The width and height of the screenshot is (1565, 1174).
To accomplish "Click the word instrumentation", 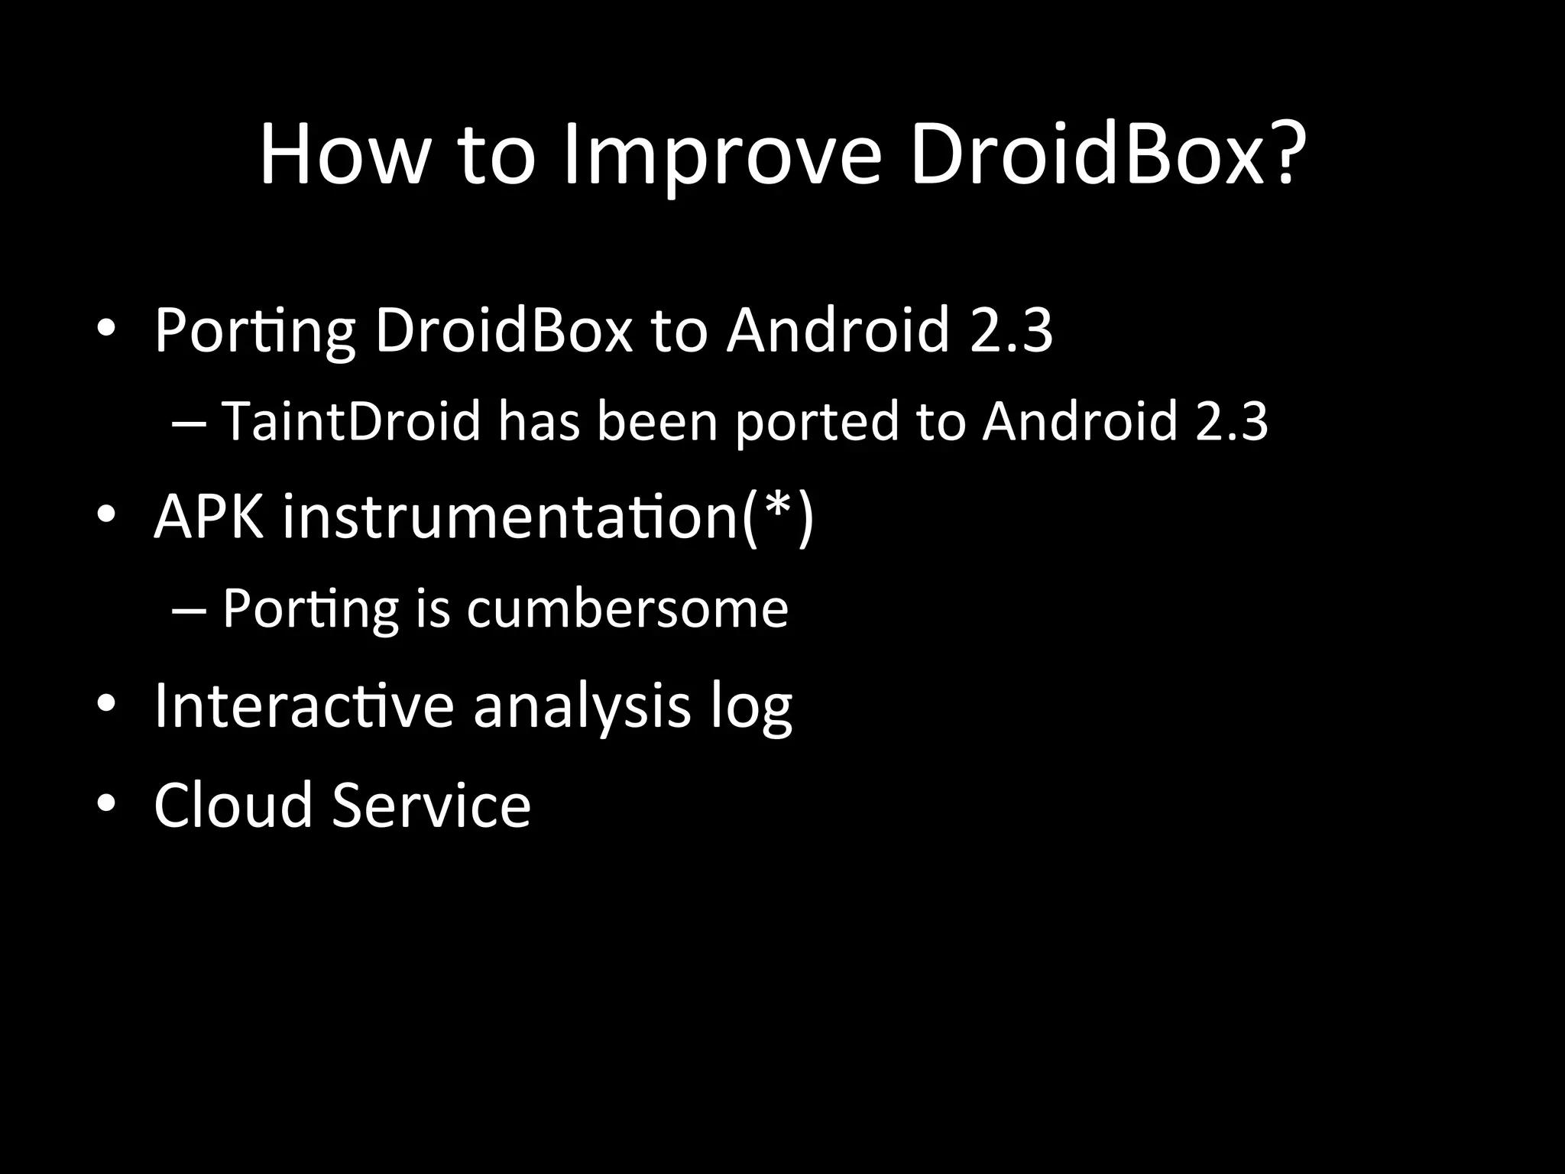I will (509, 517).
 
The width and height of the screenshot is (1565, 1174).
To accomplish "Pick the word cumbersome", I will (627, 609).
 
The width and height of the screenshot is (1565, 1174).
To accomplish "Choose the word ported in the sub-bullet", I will (817, 422).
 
